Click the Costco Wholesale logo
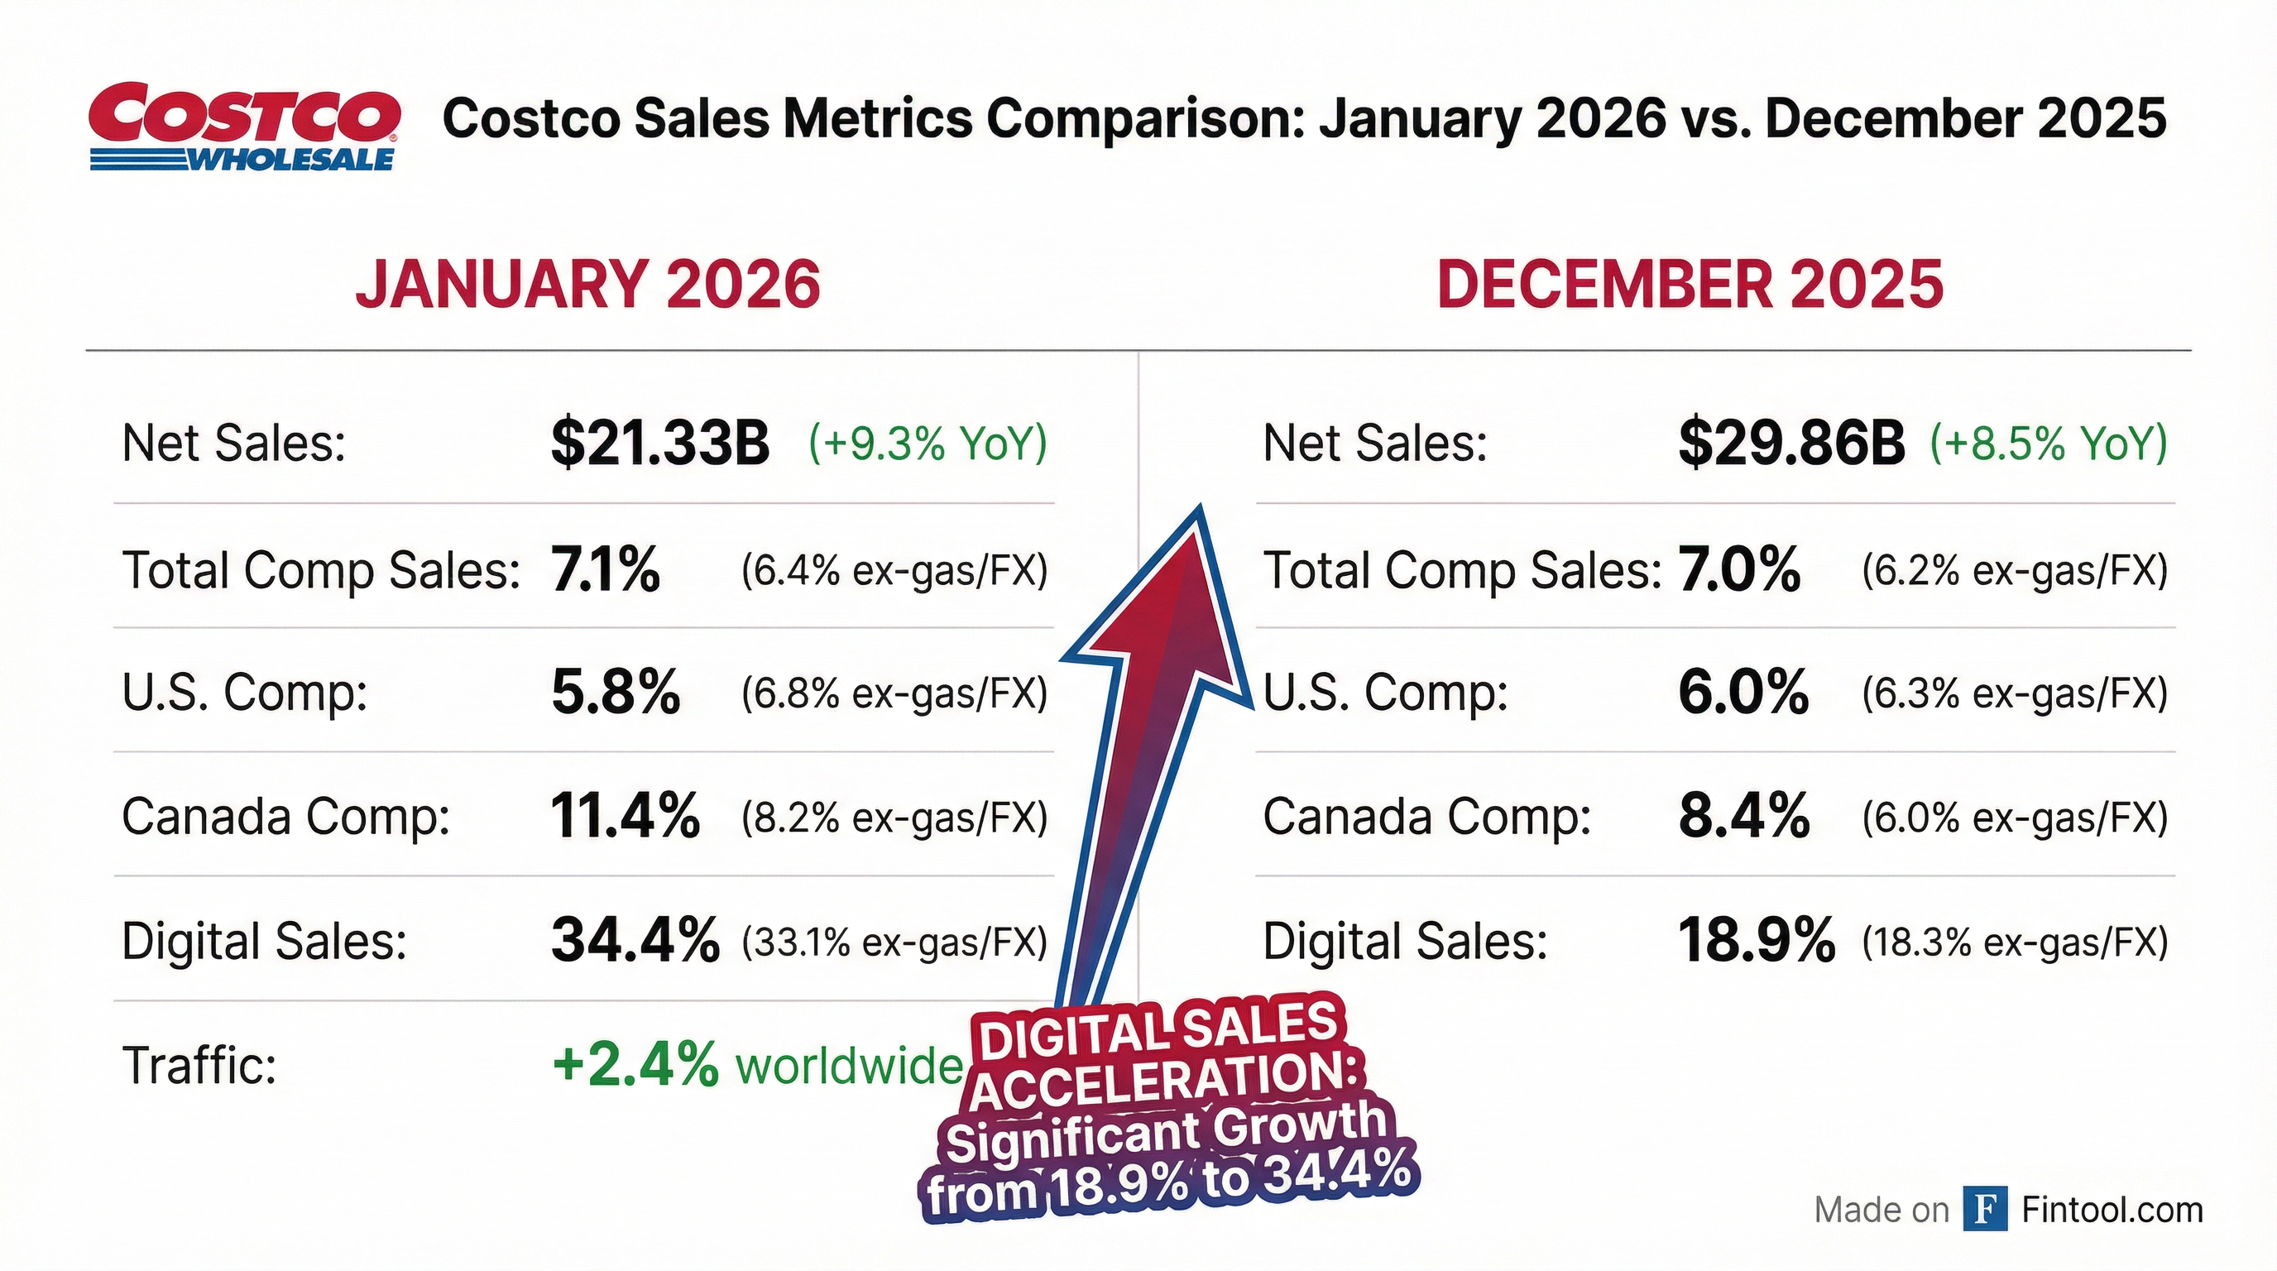click(x=244, y=127)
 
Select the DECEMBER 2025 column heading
click(x=1690, y=285)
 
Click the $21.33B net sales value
click(x=659, y=442)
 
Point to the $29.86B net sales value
click(x=1791, y=442)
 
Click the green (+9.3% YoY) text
click(x=928, y=442)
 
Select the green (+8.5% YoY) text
click(x=2048, y=442)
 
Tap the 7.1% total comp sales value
click(x=606, y=568)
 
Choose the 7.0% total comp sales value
click(x=1738, y=568)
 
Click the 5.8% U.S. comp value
click(x=616, y=692)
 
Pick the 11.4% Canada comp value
click(x=625, y=816)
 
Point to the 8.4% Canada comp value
click(x=1743, y=816)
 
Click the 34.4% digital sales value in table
click(x=635, y=941)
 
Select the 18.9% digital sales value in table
click(x=1756, y=941)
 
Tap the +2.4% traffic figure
click(x=635, y=1065)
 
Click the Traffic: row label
click(x=199, y=1065)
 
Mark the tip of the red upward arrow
click(x=1200, y=509)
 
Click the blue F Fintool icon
click(x=1984, y=1208)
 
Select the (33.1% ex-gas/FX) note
click(x=894, y=942)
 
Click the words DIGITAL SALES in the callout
click(x=1158, y=1029)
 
